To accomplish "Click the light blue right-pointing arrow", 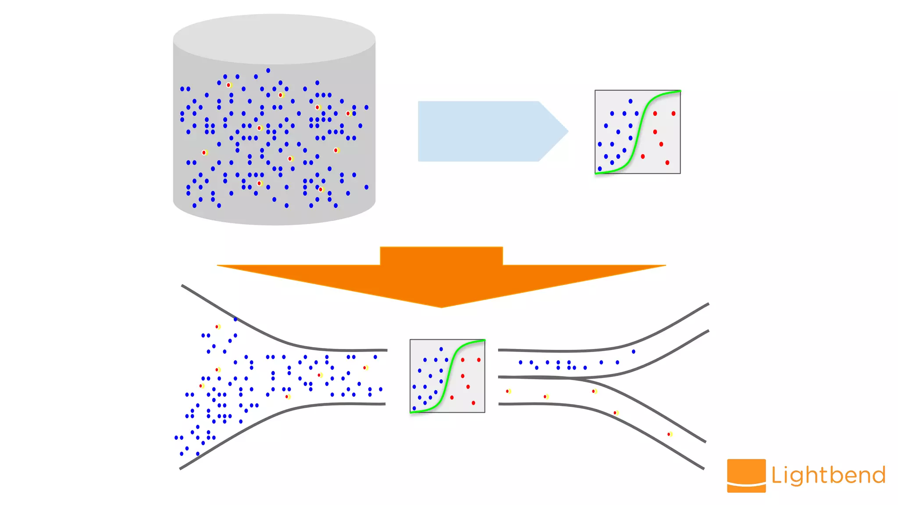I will point(487,132).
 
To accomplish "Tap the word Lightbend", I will point(828,476).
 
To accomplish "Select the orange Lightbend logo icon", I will point(746,475).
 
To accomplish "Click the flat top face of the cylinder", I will point(274,39).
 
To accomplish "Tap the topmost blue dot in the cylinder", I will point(268,70).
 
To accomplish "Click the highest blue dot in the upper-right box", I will point(630,101).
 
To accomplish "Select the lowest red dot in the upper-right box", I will point(667,163).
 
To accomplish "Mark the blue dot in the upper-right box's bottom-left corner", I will point(600,169).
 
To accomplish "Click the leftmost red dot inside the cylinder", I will point(204,153).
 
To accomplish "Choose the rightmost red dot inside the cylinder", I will point(348,114).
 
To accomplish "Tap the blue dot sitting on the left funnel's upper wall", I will point(235,319).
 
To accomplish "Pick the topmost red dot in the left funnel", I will point(217,327).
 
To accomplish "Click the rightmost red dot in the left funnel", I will point(364,368).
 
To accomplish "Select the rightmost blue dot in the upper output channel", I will point(633,352).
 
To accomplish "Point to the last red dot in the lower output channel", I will point(669,434).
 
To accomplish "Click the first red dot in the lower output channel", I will point(508,391).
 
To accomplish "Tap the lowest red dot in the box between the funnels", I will point(473,403).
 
